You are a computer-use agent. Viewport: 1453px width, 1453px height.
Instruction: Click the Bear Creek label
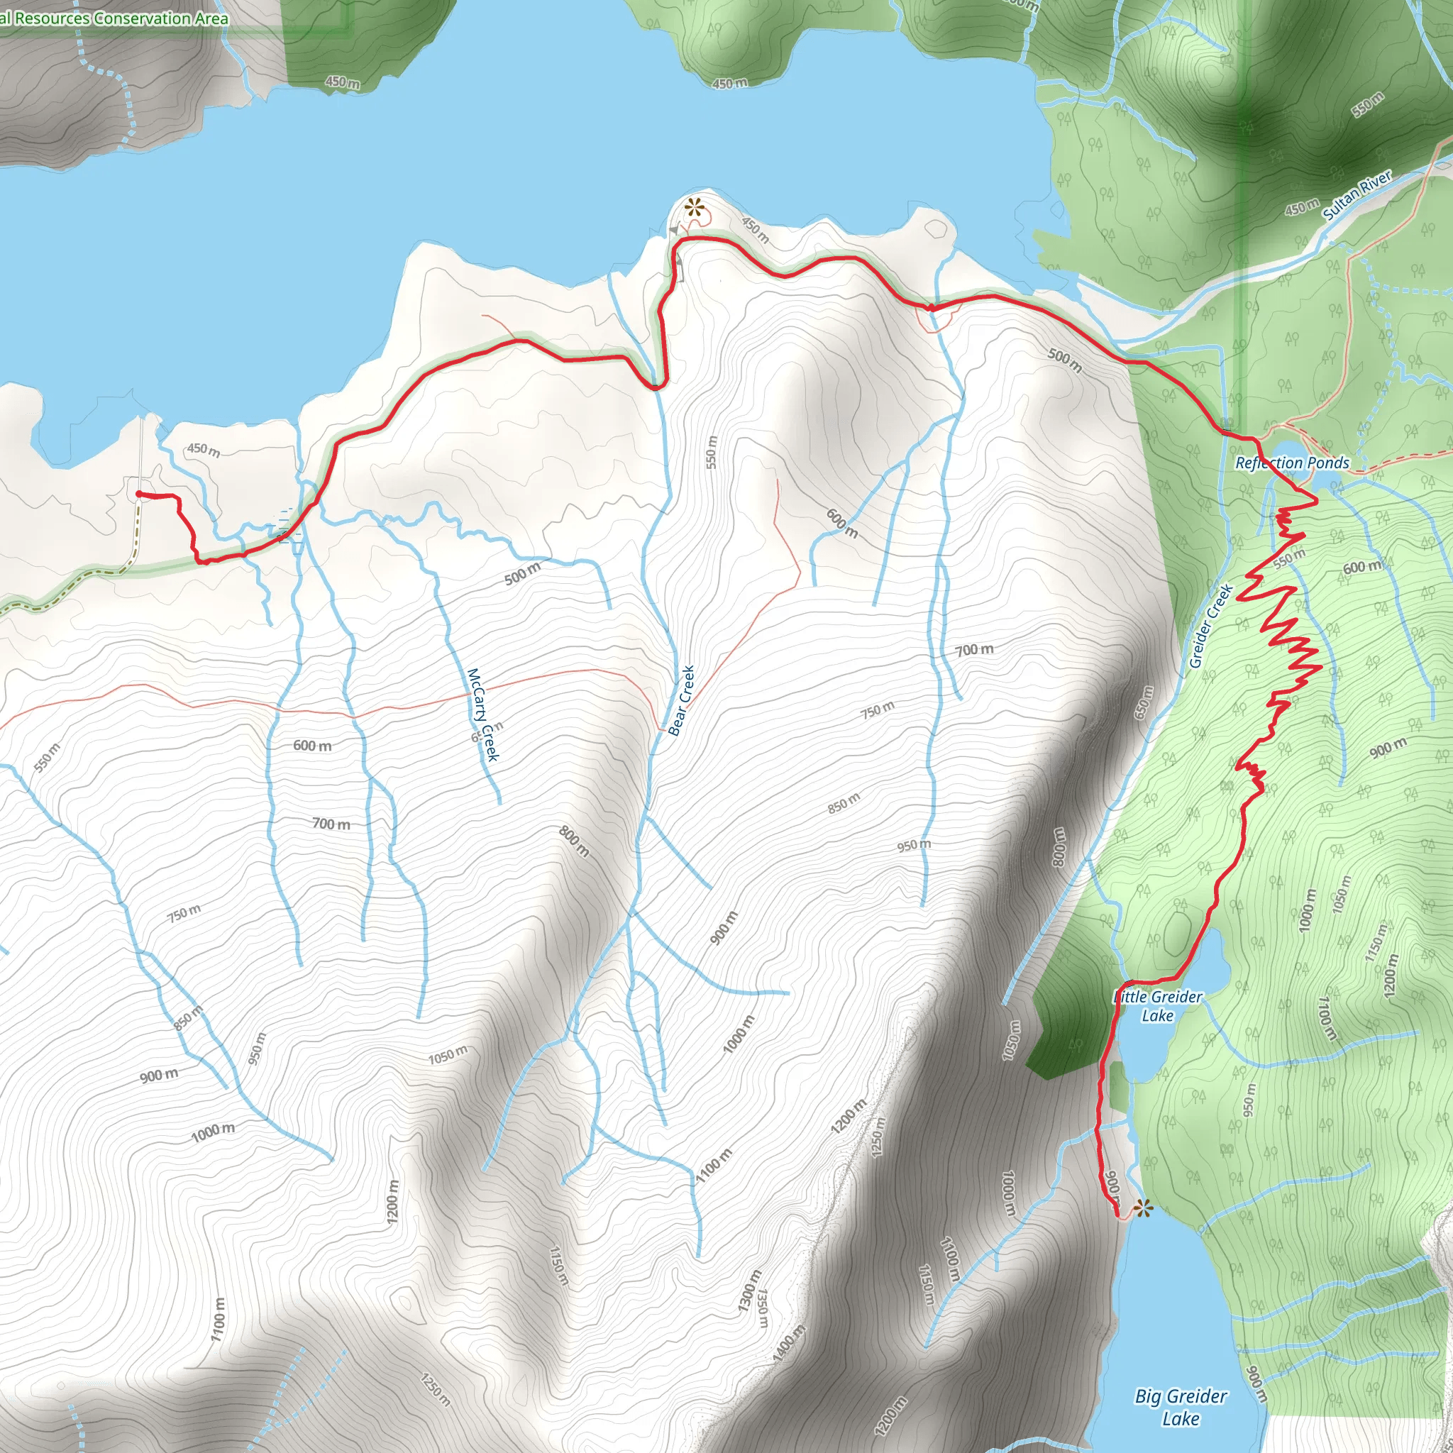(681, 700)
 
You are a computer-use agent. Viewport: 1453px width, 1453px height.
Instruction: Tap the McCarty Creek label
(483, 714)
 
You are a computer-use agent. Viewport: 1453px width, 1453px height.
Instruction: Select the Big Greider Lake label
(1181, 1407)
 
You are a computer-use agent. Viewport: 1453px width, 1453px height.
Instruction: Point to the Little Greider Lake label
(1157, 1006)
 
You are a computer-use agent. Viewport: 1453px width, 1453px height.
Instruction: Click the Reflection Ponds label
(1292, 463)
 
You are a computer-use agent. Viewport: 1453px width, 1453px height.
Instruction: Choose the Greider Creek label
(1211, 626)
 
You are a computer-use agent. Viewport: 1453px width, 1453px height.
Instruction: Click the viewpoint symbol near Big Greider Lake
(1142, 1208)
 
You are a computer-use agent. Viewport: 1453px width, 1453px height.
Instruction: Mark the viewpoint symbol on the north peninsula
(692, 207)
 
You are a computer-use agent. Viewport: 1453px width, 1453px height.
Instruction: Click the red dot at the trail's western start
(139, 493)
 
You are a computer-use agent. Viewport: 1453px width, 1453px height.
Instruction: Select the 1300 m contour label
(750, 1291)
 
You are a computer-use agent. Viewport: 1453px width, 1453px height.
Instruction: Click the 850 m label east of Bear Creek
(843, 803)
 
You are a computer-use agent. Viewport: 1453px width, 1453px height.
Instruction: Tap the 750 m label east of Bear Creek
(878, 709)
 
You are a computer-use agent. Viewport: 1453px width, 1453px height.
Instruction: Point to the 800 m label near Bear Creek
(574, 841)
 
